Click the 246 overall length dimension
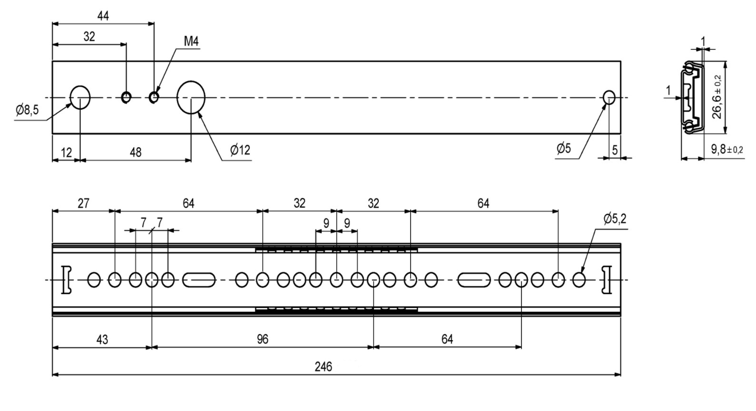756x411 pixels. (x=323, y=367)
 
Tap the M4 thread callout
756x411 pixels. (x=191, y=42)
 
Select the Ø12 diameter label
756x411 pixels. (x=240, y=151)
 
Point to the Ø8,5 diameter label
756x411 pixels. (x=27, y=111)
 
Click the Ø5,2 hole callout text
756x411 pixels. (x=615, y=219)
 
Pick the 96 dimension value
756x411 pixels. (x=262, y=339)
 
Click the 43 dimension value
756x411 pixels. (x=102, y=340)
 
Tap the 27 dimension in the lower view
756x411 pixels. (x=83, y=204)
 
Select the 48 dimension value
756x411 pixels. (x=136, y=152)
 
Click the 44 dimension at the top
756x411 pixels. (x=103, y=16)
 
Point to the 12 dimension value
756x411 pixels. (x=66, y=153)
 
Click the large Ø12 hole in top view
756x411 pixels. (x=191, y=97)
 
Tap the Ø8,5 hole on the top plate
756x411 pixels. (x=80, y=97)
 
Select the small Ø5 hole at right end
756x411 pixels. (x=609, y=97)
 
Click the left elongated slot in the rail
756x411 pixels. (x=199, y=280)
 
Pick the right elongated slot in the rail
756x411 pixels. (x=474, y=280)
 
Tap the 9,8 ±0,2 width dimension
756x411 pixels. (x=727, y=150)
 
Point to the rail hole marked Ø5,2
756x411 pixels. (x=579, y=280)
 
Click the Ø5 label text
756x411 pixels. (x=563, y=149)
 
